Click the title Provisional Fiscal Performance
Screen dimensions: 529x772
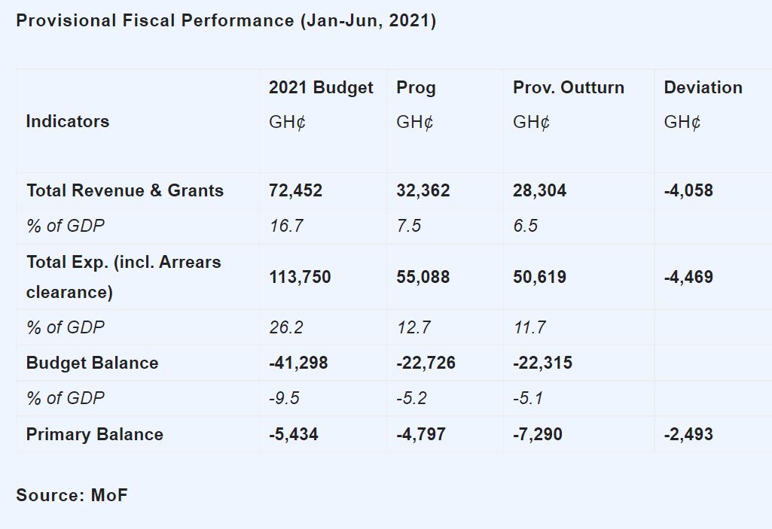(x=226, y=20)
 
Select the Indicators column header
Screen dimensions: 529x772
(x=68, y=121)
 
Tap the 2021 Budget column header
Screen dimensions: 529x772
(x=321, y=87)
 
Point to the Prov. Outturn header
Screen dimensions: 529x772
(x=569, y=87)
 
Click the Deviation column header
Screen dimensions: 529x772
(x=703, y=87)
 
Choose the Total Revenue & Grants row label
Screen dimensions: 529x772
(x=125, y=190)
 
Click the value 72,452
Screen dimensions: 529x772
(x=295, y=190)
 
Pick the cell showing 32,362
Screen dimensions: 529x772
(x=423, y=190)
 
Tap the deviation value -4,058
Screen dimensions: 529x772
(x=688, y=190)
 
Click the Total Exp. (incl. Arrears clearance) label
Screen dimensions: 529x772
(x=124, y=277)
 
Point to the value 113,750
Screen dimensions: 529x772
(x=300, y=277)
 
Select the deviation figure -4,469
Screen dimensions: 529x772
(x=688, y=277)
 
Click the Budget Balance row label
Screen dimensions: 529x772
(x=93, y=363)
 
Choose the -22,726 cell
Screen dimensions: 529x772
(x=426, y=363)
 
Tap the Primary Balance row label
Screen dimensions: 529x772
(x=95, y=434)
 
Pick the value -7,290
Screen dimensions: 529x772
(x=538, y=434)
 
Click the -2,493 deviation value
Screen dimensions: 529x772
(x=688, y=434)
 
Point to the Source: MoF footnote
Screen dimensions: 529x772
(x=72, y=495)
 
